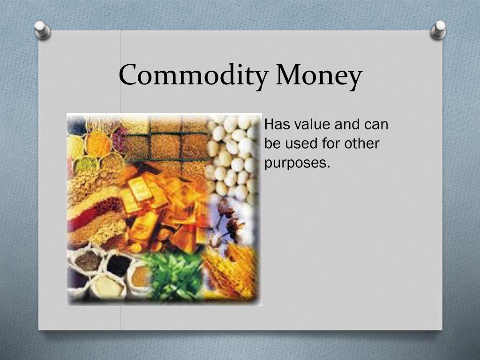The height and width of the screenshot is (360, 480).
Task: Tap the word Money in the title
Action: point(319,75)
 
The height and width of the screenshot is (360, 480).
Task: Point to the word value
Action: point(313,125)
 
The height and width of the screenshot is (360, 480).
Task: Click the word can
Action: point(375,125)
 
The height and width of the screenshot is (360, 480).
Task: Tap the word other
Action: point(359,144)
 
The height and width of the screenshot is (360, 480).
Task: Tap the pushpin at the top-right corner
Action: point(439,29)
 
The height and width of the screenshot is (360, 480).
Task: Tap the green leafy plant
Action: point(176,277)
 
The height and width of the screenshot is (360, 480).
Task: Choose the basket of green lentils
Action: point(84,164)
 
